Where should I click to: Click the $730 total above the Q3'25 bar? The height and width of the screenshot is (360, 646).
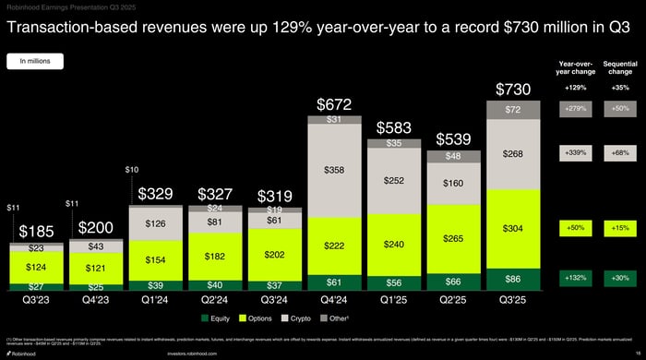(x=513, y=90)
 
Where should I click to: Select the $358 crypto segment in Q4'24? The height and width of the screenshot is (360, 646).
(x=333, y=171)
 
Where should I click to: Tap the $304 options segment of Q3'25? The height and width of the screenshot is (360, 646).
(x=513, y=228)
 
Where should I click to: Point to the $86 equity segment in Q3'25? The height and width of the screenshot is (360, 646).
(x=513, y=278)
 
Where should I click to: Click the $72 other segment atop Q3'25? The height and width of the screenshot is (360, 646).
(x=513, y=110)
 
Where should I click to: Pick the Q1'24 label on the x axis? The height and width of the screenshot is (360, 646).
(x=155, y=300)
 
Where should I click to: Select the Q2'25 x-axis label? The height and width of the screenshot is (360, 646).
(x=453, y=300)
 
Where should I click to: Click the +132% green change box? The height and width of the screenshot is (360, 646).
(x=577, y=278)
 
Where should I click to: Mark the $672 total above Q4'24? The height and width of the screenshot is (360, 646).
(x=333, y=104)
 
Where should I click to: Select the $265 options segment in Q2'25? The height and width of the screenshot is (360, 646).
(x=453, y=239)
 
